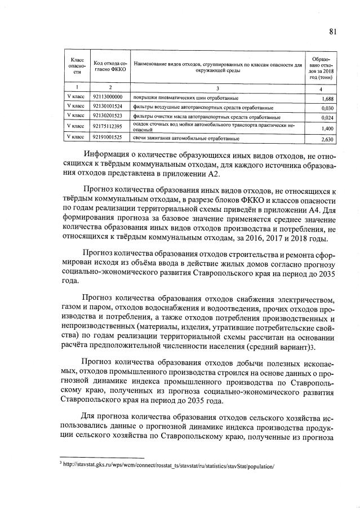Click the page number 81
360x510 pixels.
pyautogui.click(x=333, y=32)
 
